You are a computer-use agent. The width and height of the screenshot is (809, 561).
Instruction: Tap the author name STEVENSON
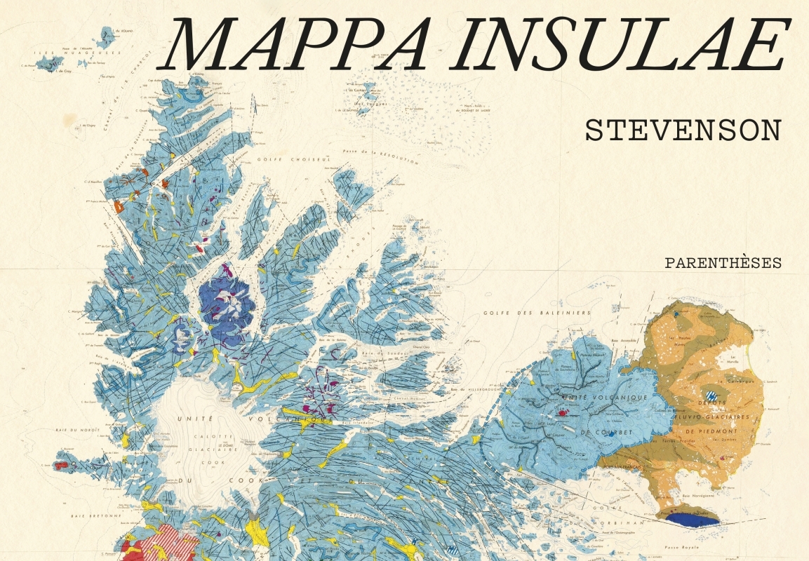(x=683, y=131)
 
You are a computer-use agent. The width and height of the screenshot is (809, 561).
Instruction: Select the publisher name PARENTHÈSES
(x=723, y=264)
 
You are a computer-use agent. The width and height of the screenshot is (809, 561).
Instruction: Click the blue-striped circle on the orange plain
(x=713, y=396)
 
